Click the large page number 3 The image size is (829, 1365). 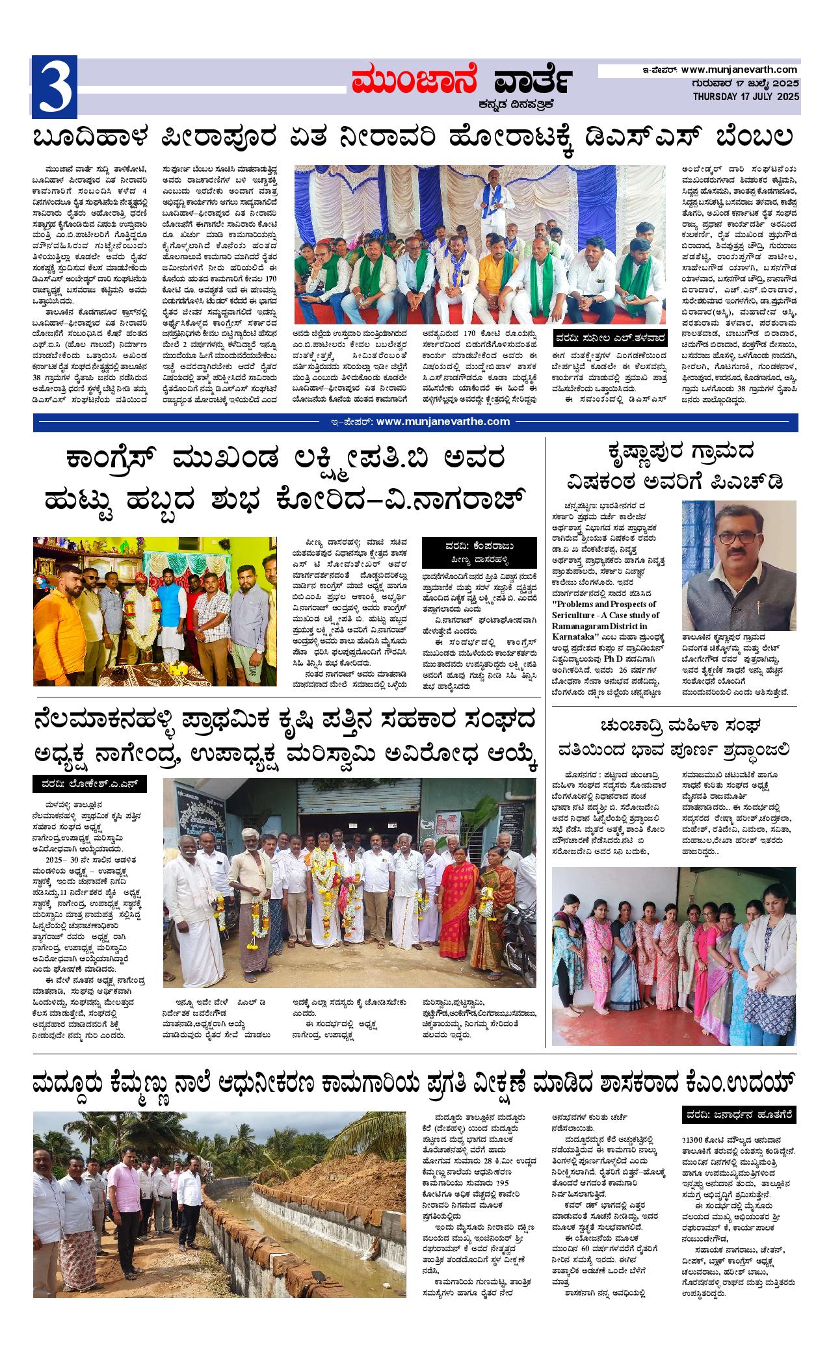[x=55, y=86]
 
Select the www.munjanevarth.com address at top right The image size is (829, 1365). [x=739, y=70]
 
